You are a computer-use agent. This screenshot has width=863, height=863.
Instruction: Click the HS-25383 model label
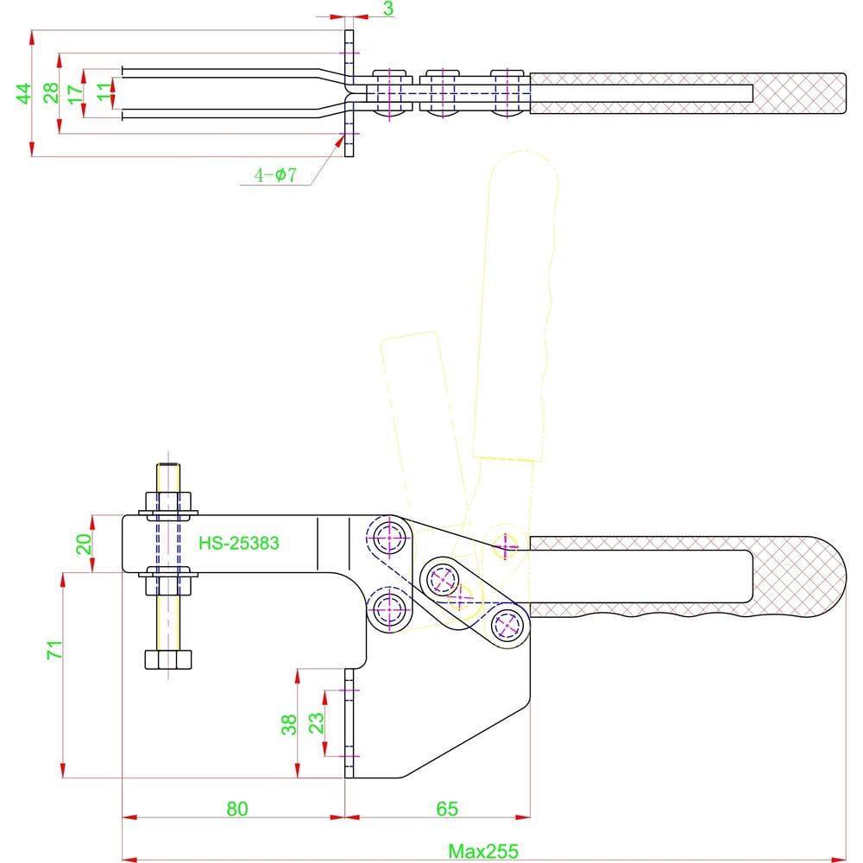238,544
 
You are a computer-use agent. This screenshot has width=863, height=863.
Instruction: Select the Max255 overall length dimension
483,851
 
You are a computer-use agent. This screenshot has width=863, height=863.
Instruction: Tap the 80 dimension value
237,809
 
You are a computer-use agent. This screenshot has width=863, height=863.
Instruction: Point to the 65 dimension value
446,809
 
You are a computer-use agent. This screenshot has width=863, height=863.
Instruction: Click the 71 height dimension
54,651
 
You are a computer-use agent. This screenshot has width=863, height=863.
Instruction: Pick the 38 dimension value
289,723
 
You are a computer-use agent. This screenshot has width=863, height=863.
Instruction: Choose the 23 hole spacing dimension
317,721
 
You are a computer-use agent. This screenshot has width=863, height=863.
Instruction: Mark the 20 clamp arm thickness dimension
85,544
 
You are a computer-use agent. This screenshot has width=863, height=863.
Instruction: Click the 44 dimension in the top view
24,93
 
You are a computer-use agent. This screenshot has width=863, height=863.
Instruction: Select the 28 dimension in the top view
52,93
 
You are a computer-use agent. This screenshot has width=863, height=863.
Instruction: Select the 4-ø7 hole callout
275,176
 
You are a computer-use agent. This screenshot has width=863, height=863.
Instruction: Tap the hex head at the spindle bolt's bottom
167,660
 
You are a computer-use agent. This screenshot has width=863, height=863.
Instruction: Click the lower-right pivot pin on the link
507,623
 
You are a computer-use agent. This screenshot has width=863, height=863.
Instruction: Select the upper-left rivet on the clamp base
390,537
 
